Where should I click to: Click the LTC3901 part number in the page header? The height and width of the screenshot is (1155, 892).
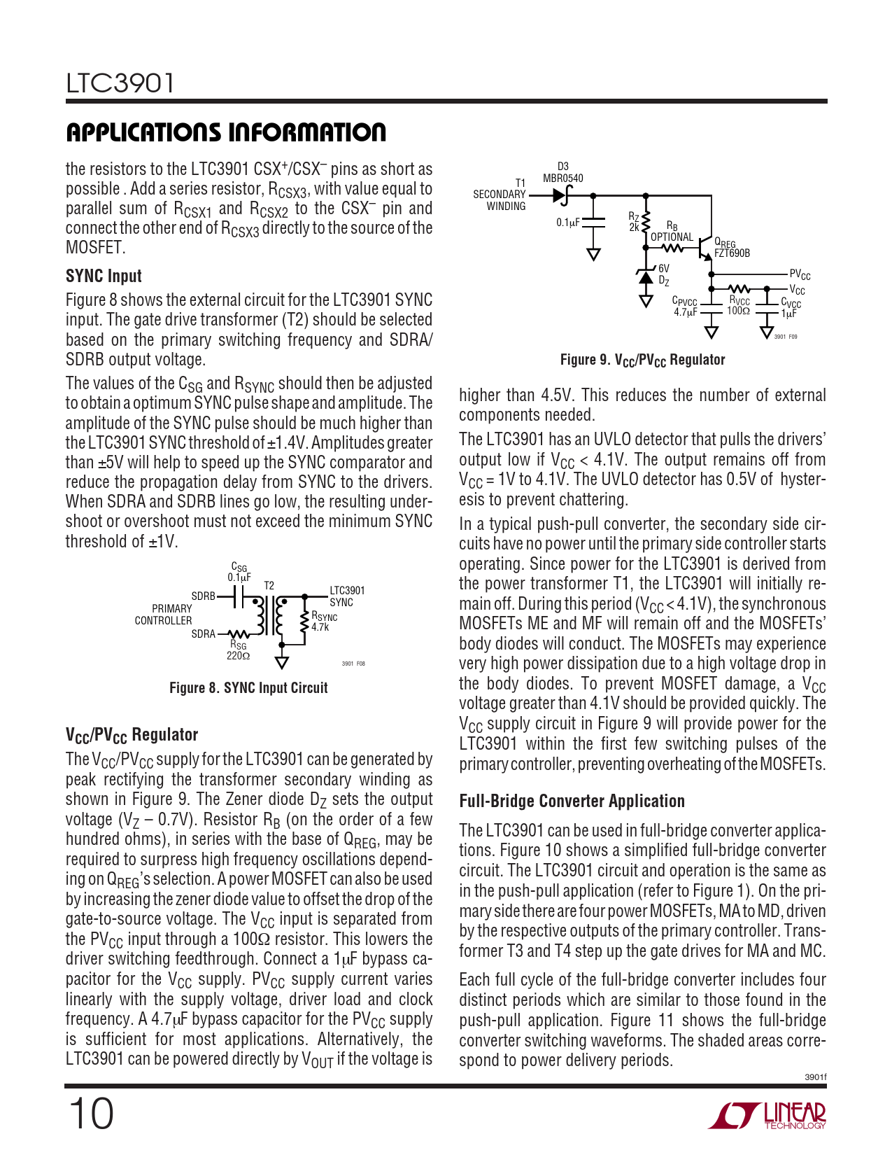click(120, 83)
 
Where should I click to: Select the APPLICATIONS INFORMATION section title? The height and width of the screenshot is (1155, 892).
click(226, 132)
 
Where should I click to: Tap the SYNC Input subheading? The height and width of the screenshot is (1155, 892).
click(104, 276)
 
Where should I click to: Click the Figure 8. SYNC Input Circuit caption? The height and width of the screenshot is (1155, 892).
click(248, 688)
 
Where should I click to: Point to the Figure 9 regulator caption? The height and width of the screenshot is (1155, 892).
click(642, 360)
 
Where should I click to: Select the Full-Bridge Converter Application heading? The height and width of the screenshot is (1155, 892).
click(572, 801)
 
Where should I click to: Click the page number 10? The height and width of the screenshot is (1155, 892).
click(90, 1114)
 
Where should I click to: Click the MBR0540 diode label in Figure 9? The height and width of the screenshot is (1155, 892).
click(562, 178)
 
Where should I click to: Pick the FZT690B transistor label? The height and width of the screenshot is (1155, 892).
click(732, 253)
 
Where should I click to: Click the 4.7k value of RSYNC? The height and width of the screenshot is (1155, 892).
click(320, 627)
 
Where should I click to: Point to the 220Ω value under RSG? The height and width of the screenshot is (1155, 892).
click(238, 656)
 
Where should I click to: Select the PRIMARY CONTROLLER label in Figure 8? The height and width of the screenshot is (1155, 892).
click(164, 615)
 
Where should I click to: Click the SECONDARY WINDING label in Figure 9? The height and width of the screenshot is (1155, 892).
click(500, 200)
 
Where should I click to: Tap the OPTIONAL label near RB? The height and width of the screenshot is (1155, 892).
click(672, 237)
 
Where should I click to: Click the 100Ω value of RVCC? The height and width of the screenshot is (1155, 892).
click(738, 311)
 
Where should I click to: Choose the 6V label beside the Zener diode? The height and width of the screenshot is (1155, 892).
click(663, 268)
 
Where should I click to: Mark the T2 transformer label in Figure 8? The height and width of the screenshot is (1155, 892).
click(269, 585)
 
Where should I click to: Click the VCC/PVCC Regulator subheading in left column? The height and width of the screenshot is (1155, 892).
click(132, 735)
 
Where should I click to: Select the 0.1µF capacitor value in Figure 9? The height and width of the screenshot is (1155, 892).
click(568, 223)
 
